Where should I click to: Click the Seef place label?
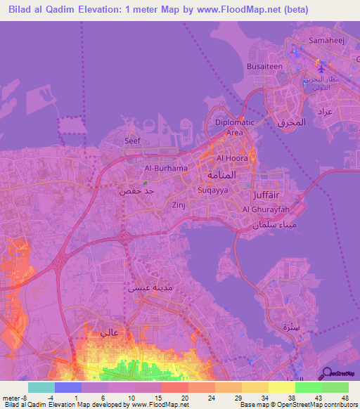[132, 141]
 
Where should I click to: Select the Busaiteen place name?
[283, 66]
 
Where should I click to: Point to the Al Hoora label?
[230, 158]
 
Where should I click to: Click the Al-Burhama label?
[166, 169]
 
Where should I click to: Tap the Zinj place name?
[179, 205]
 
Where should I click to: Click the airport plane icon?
[322, 69]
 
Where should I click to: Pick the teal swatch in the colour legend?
[41, 387]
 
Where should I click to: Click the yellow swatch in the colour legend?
[281, 387]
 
